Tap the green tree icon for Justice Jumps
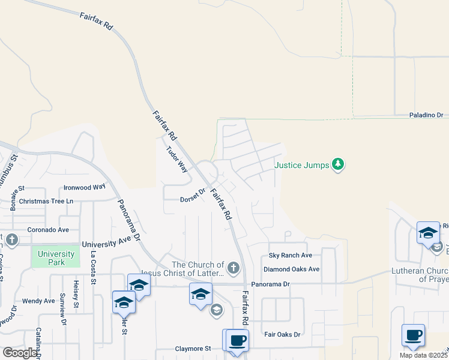339,164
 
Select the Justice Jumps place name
302,164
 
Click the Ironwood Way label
85,187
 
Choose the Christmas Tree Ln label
46,201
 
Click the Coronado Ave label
48,230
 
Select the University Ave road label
106,244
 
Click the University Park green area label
56,258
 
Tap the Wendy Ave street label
38,301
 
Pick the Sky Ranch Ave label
291,255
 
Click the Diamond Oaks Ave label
291,269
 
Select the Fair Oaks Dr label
282,334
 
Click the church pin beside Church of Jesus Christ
234,268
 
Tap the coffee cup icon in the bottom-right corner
413,335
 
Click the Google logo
20,353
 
